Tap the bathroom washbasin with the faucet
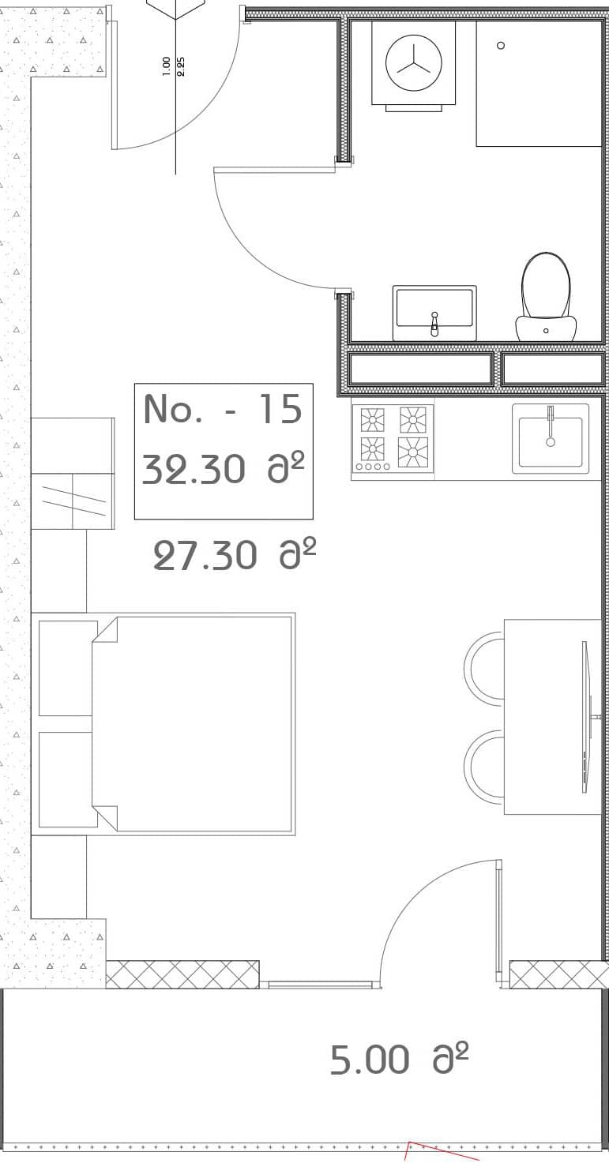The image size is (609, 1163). [434, 310]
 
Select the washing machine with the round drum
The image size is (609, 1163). [413, 63]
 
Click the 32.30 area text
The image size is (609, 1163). [224, 471]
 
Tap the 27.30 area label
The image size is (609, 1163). [234, 556]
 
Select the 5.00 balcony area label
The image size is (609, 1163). [399, 1060]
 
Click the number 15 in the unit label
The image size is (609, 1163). [280, 409]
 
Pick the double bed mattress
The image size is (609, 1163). [194, 723]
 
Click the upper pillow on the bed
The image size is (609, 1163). [66, 668]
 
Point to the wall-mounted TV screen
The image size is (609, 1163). [585, 716]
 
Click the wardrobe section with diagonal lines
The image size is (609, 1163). [72, 501]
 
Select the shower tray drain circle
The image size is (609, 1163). [501, 46]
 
